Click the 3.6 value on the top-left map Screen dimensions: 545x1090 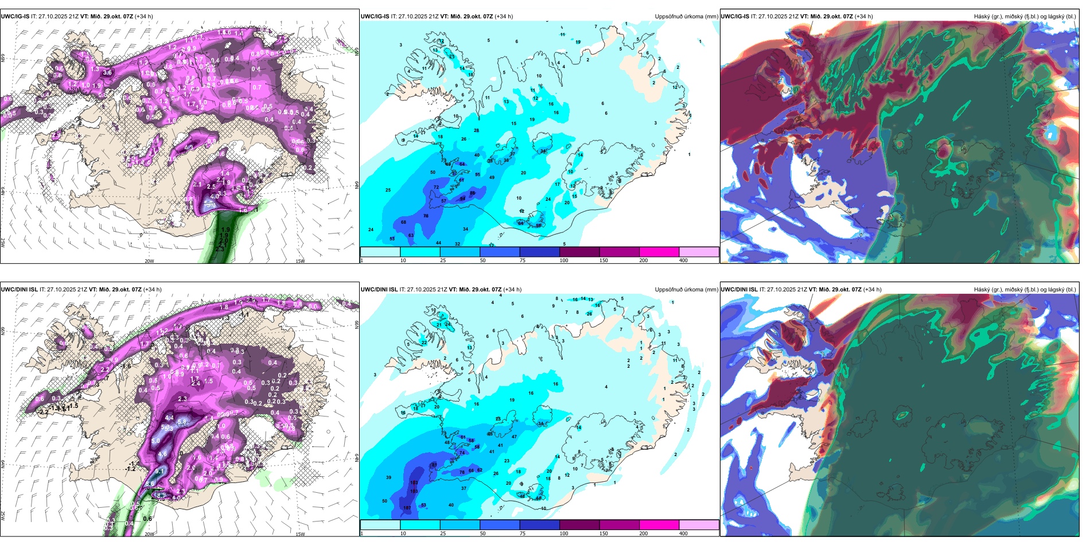[x=107, y=73]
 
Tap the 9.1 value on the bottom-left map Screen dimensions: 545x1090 [x=160, y=472]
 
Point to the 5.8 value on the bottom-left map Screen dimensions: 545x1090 [x=182, y=421]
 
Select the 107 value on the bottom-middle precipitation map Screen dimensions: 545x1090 [x=407, y=508]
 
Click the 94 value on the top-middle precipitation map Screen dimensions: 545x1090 [x=463, y=198]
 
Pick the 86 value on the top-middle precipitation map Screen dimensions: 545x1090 [x=473, y=193]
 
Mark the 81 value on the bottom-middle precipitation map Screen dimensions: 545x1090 [x=434, y=465]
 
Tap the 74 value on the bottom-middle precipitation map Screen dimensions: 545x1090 [x=462, y=453]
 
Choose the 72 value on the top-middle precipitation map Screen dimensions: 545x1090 [x=436, y=187]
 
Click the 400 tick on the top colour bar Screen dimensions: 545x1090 [x=683, y=260]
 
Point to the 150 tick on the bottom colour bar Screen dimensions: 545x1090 [x=604, y=534]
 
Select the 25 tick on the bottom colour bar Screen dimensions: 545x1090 [x=443, y=534]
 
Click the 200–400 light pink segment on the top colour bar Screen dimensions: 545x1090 [x=699, y=252]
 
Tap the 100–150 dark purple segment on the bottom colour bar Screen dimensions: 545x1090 [x=579, y=525]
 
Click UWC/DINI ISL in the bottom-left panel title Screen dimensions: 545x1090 [x=19, y=289]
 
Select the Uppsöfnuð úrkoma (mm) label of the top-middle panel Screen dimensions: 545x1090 [x=686, y=17]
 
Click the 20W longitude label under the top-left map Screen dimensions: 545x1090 [x=149, y=261]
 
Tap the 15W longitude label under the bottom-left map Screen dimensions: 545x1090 [x=300, y=534]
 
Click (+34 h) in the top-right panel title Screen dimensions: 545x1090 [x=863, y=17]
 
